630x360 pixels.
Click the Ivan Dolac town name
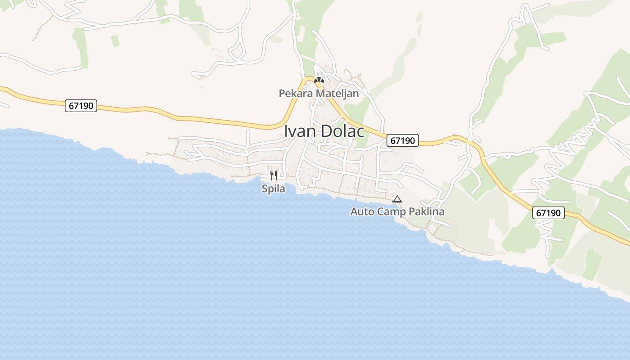point(324,131)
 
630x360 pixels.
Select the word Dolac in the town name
point(342,131)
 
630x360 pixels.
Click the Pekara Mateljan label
point(319,94)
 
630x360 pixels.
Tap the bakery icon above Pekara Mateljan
point(319,81)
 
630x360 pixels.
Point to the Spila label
point(273,189)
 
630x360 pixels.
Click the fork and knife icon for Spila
point(274,175)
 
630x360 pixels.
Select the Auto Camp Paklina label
point(397,211)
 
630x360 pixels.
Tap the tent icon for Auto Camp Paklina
point(397,199)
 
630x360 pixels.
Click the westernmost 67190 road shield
point(81,106)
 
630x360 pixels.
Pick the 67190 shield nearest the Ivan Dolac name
point(403,140)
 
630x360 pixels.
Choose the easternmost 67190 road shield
point(549,213)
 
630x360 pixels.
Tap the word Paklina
point(427,211)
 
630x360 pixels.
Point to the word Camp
point(391,211)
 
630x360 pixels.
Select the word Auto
point(362,211)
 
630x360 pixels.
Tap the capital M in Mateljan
point(320,94)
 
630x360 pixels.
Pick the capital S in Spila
point(265,189)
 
